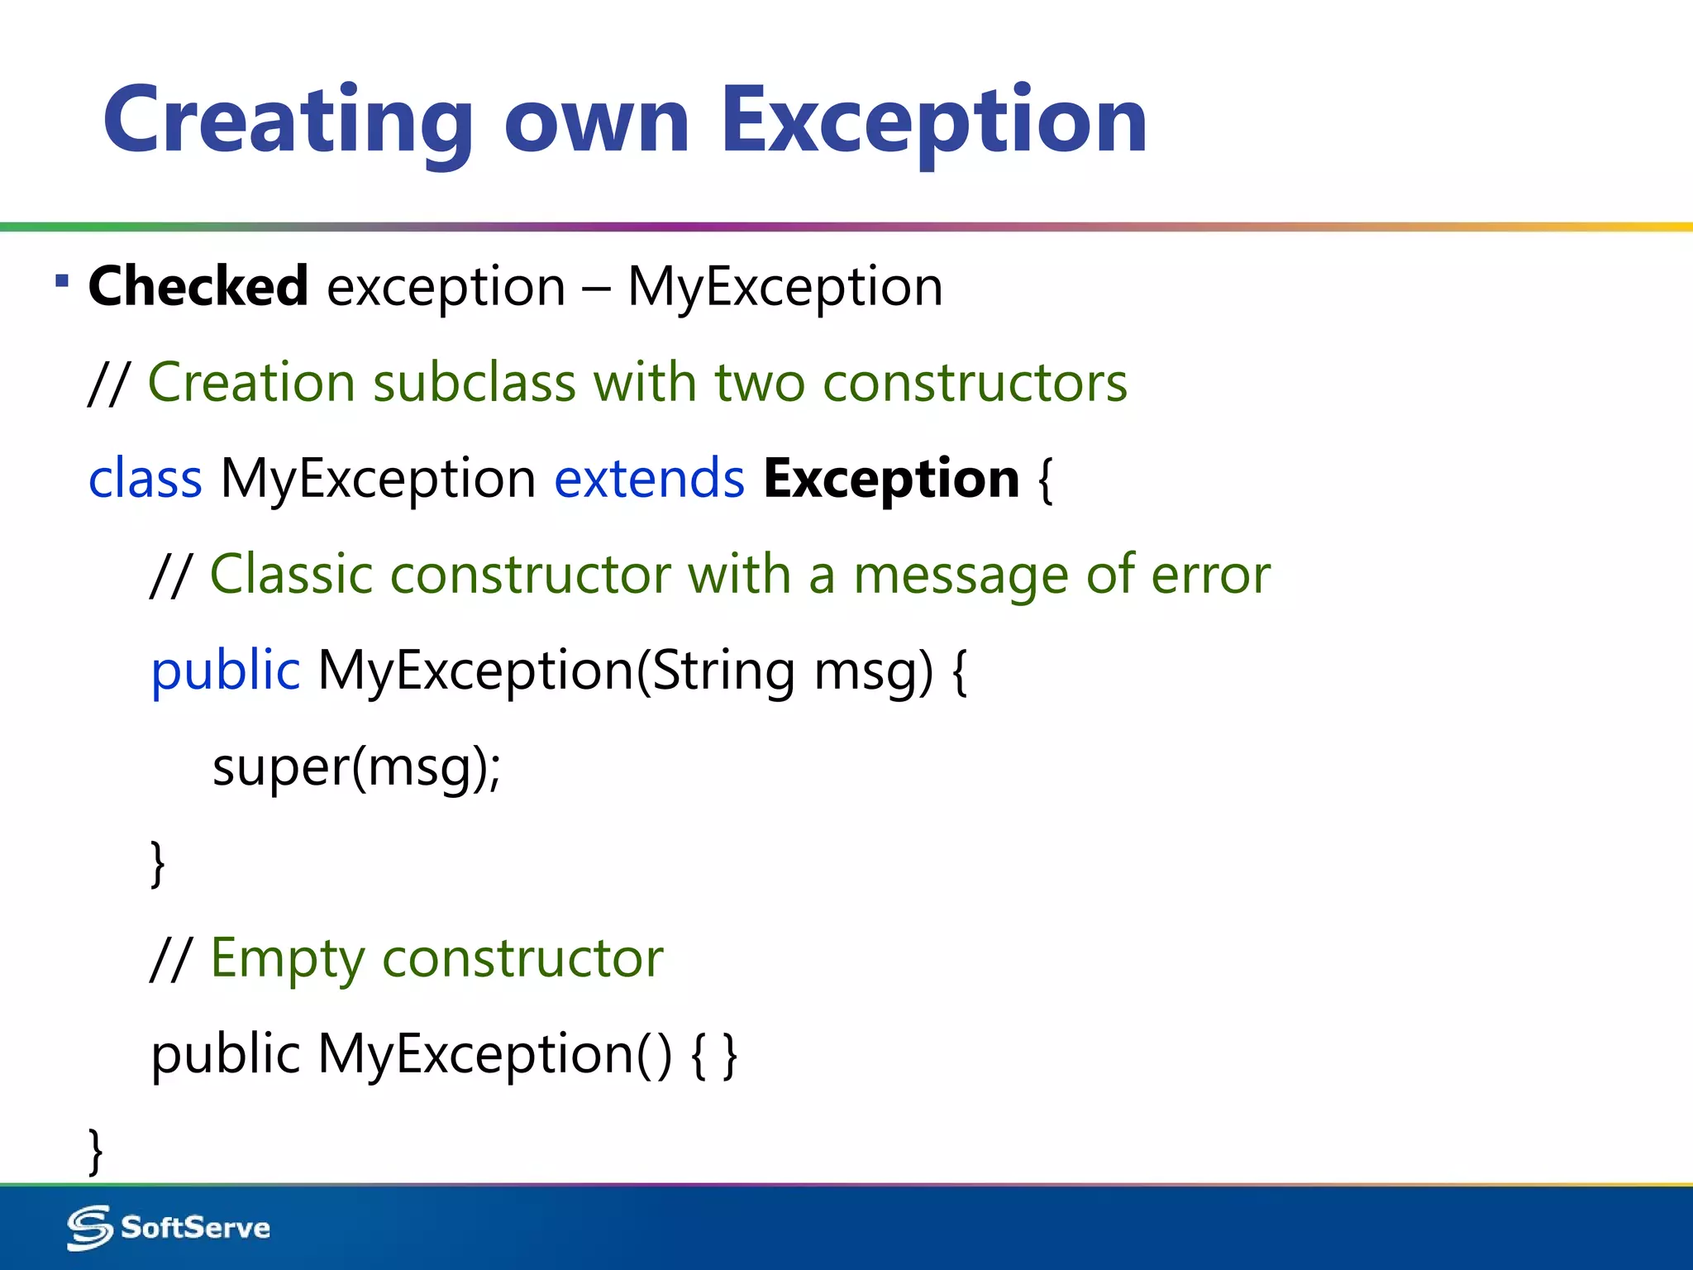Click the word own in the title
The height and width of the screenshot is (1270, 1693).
click(x=596, y=122)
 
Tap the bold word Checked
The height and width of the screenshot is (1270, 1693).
click(x=198, y=286)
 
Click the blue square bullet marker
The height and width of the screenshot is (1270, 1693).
click(x=62, y=281)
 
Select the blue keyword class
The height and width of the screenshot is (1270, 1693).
click(x=145, y=479)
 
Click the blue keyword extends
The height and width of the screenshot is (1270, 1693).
click(x=649, y=479)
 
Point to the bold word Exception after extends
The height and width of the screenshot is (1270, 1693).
click(x=891, y=479)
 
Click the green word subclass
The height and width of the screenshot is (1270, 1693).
click(x=475, y=383)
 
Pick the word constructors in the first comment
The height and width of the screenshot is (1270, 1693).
click(x=975, y=383)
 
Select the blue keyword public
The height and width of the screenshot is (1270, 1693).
click(x=225, y=671)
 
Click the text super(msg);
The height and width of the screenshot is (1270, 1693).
click(x=356, y=767)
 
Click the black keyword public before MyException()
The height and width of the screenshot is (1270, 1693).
click(x=225, y=1055)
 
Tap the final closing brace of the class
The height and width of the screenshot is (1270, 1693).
click(x=95, y=1150)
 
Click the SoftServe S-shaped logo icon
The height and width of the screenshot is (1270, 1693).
click(x=89, y=1228)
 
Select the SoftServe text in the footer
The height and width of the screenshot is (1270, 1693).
click(x=195, y=1228)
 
